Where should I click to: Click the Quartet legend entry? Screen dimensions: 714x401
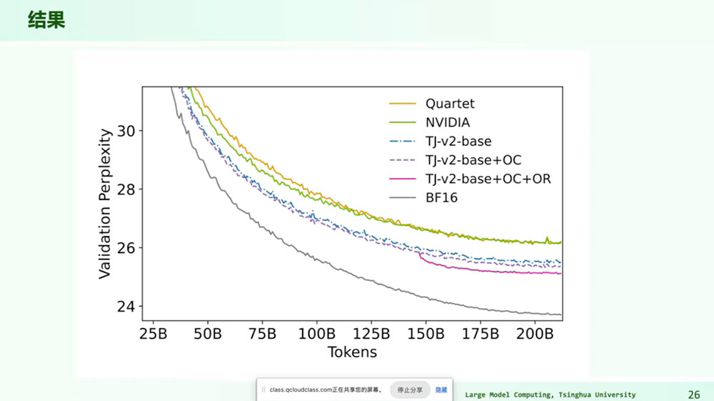[450, 104]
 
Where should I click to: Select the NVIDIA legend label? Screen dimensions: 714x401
[448, 122]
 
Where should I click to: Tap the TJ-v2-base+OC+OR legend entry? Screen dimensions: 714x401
[488, 179]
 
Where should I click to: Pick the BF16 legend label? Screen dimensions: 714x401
[441, 198]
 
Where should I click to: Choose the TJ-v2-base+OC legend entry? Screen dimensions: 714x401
[473, 160]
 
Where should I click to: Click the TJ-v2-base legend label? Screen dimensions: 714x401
[458, 142]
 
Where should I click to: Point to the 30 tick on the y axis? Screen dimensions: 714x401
[126, 132]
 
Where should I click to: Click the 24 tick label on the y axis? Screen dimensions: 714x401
[126, 307]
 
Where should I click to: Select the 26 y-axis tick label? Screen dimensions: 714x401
[126, 248]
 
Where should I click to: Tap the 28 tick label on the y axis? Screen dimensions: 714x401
[126, 189]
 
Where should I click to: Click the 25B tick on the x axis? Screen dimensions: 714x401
[153, 334]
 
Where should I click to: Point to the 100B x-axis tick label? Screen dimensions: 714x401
[316, 334]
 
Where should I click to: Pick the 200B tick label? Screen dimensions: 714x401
[535, 334]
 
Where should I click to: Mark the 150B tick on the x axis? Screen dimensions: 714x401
[426, 334]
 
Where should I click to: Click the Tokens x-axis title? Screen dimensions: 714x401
[353, 352]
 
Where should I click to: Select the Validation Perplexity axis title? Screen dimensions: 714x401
[105, 204]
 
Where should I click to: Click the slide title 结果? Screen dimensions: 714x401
[46, 20]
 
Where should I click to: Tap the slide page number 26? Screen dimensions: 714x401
[694, 395]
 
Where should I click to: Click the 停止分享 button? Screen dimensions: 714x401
[410, 390]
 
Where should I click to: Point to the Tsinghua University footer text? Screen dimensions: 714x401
[597, 395]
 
